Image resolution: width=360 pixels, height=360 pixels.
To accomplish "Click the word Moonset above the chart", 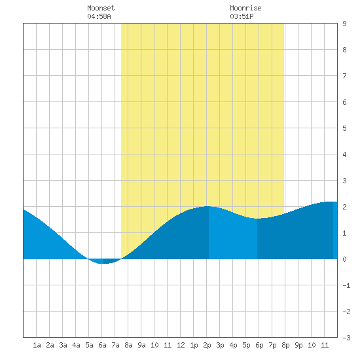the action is tap(101, 8).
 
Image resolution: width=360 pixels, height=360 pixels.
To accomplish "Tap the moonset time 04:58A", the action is tap(99, 16).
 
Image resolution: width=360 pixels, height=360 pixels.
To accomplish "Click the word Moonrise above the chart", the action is tap(245, 8).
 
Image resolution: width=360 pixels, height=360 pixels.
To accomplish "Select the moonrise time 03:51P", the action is tap(242, 16).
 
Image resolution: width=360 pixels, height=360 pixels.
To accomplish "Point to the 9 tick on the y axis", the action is tap(344, 24).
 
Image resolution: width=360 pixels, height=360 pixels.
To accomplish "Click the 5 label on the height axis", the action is tap(344, 128).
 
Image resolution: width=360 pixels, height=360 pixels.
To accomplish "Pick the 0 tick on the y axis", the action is tap(344, 259).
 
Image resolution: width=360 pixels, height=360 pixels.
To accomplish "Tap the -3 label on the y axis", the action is tap(346, 338).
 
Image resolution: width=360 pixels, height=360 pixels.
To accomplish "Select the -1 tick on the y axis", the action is tap(346, 285).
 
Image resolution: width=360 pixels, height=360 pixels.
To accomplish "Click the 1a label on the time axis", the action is tap(37, 345).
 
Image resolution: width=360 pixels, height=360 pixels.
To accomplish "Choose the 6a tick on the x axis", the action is tap(102, 345).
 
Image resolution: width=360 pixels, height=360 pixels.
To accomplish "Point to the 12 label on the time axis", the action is tap(181, 345).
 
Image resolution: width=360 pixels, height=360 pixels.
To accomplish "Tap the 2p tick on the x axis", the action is tap(207, 345).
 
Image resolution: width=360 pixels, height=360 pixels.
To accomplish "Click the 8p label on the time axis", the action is tap(285, 345).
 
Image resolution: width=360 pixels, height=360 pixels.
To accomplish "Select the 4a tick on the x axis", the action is tap(76, 345).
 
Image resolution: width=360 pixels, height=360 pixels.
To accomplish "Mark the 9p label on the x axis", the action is tap(298, 345).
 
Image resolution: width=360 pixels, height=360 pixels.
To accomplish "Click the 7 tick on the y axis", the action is tap(344, 76).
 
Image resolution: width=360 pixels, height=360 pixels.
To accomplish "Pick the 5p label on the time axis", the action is tap(246, 345).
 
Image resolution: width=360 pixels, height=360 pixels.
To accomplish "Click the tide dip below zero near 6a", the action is tap(104, 261).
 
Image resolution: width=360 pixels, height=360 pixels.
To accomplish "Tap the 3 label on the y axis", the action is tap(344, 181).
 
